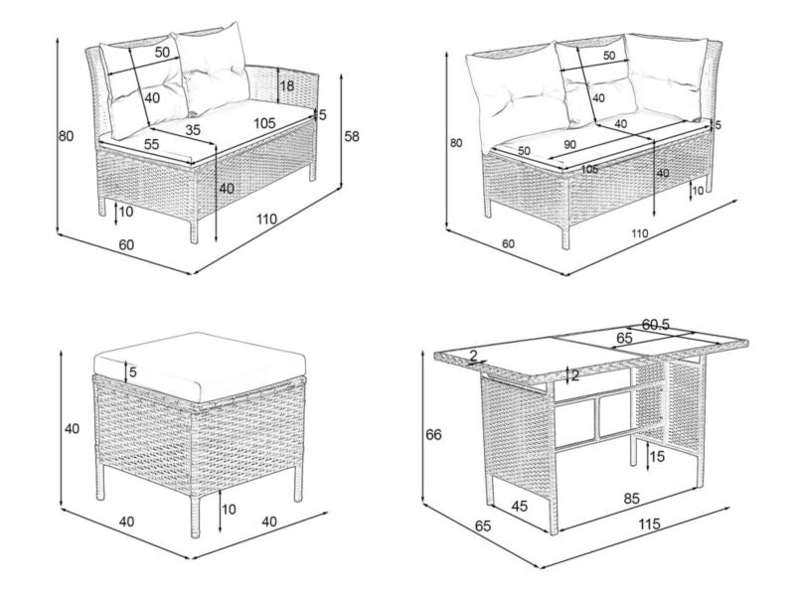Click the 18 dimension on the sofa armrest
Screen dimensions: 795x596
tap(287, 85)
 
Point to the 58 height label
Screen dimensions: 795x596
tap(352, 136)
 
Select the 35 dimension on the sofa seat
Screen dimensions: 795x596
tap(193, 130)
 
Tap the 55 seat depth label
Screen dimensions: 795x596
tap(151, 144)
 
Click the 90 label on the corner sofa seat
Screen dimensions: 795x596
tap(569, 144)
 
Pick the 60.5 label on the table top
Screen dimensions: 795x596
tap(656, 325)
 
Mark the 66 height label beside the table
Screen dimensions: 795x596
tap(433, 435)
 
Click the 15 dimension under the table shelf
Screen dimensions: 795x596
tap(657, 457)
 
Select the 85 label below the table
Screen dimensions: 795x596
tap(631, 499)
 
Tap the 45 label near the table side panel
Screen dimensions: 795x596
tap(519, 506)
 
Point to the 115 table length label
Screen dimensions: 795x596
tap(650, 524)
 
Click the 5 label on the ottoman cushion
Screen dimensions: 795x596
tap(133, 372)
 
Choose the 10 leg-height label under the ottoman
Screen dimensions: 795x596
tap(230, 509)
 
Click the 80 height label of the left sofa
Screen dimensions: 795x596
tap(66, 136)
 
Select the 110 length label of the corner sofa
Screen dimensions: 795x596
tap(640, 233)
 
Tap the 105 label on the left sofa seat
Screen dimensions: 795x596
tap(264, 123)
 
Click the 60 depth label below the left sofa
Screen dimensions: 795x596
tap(126, 244)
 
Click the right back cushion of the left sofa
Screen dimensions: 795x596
tap(213, 69)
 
